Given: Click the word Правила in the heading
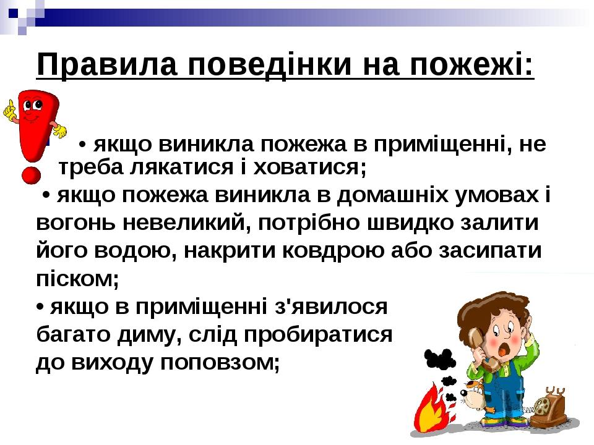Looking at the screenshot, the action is coord(107,65).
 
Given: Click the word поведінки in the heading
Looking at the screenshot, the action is coord(270,65).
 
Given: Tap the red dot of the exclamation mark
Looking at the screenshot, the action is coord(31,175).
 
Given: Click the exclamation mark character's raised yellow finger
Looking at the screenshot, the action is coord(9,106).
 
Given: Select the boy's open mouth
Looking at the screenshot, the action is coord(502,350).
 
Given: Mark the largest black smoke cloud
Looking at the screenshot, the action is coord(439,359).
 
